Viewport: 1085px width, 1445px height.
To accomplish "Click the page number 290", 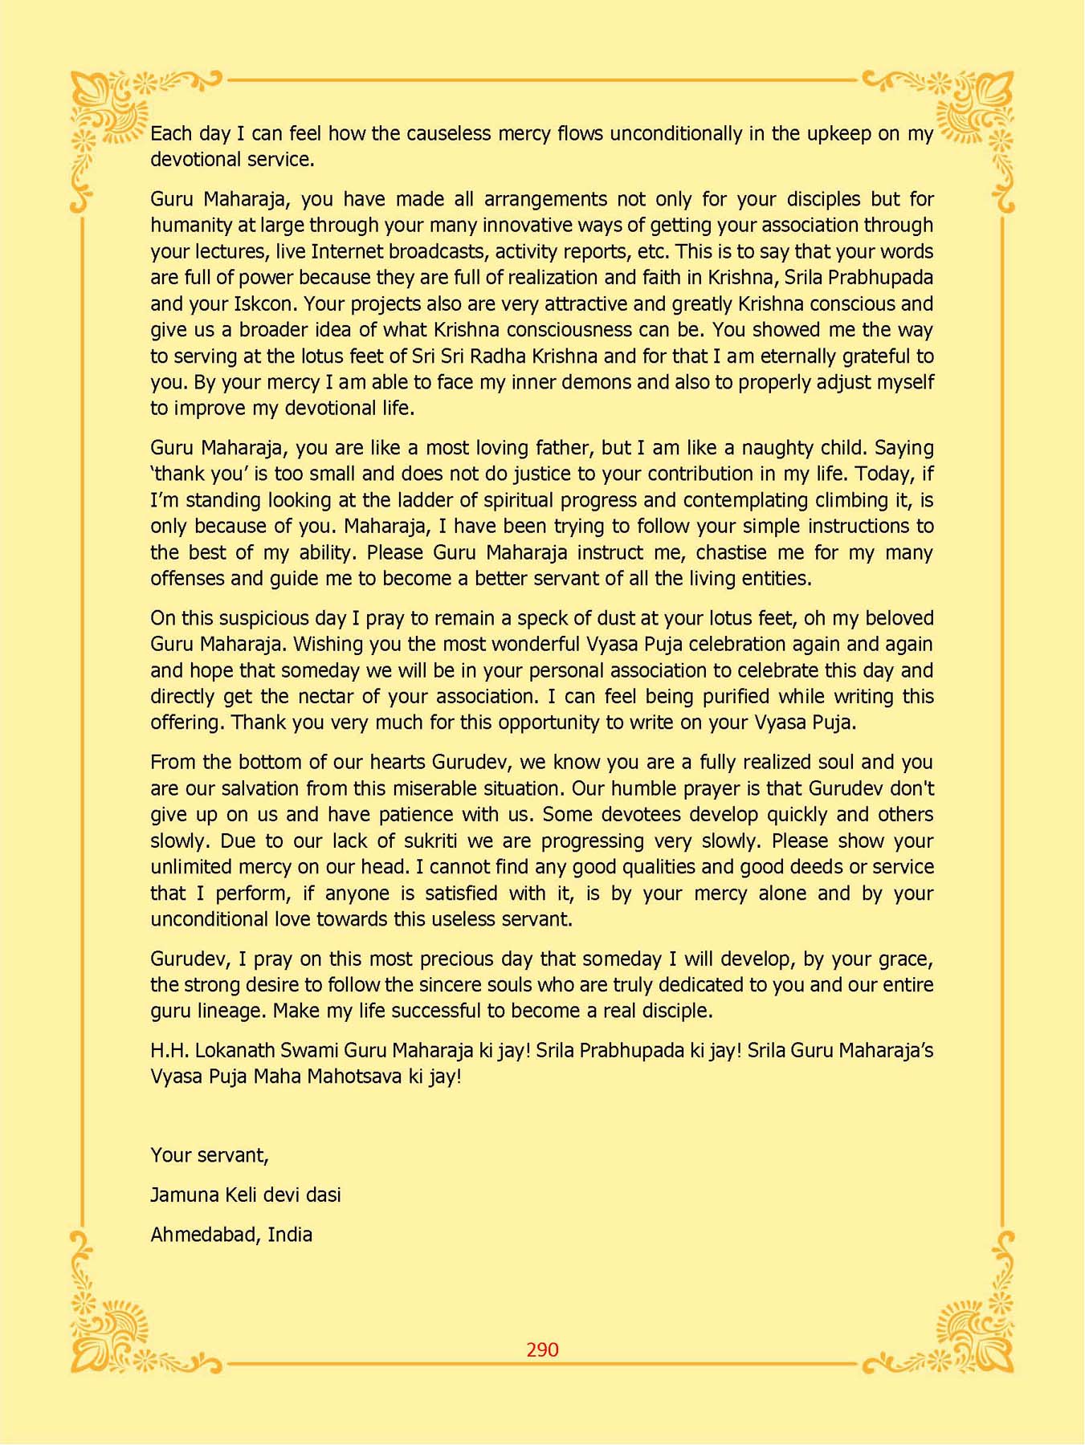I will point(542,1349).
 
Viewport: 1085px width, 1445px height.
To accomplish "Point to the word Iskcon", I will point(265,304).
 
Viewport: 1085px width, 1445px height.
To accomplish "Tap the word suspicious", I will point(255,618).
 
